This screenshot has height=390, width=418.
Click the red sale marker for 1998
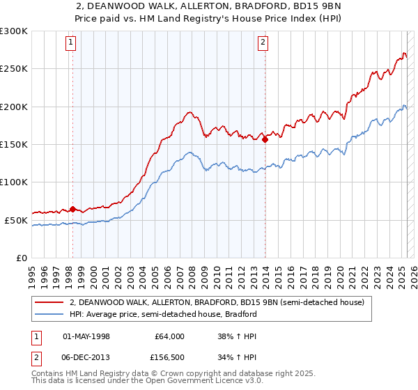pos(72,209)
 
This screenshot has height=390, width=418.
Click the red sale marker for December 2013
pos(265,139)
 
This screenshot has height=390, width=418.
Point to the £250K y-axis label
pos(13,69)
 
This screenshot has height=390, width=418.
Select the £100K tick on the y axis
pos(13,182)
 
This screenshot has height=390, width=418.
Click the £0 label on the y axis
pos(20,258)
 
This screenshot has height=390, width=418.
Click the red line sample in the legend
pos(50,303)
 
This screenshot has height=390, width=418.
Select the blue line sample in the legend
pos(50,314)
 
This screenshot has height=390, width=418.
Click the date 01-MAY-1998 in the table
pos(87,336)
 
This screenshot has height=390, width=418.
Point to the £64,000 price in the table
pos(170,336)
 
